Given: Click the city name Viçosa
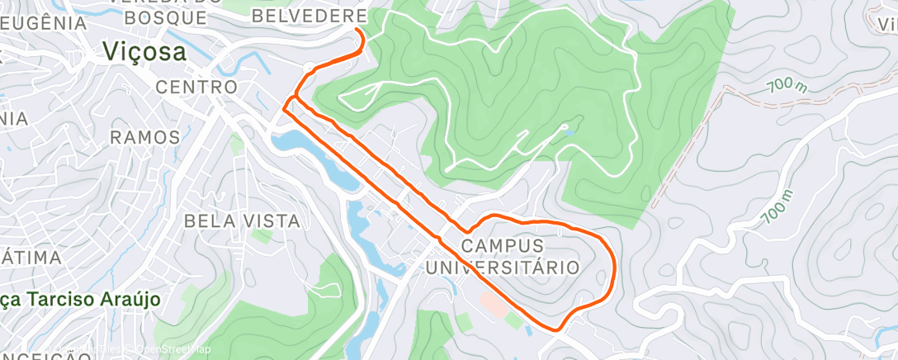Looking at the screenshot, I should coord(144,51).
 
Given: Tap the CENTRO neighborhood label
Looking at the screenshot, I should coord(196,87).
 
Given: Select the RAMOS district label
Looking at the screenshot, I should coord(144,136).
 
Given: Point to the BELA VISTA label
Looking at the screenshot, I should coord(242,220).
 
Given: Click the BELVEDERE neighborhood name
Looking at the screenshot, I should coord(309,16).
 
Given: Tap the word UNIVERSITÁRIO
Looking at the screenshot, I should coord(502,267).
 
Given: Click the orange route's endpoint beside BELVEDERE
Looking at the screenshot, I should coord(357,30).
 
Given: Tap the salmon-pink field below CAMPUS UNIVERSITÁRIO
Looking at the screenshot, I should coord(496,303).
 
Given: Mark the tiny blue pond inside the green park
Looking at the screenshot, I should coord(565,128).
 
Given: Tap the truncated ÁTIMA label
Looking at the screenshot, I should coord(31,258).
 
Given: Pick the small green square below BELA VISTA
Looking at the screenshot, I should coord(262,236).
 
